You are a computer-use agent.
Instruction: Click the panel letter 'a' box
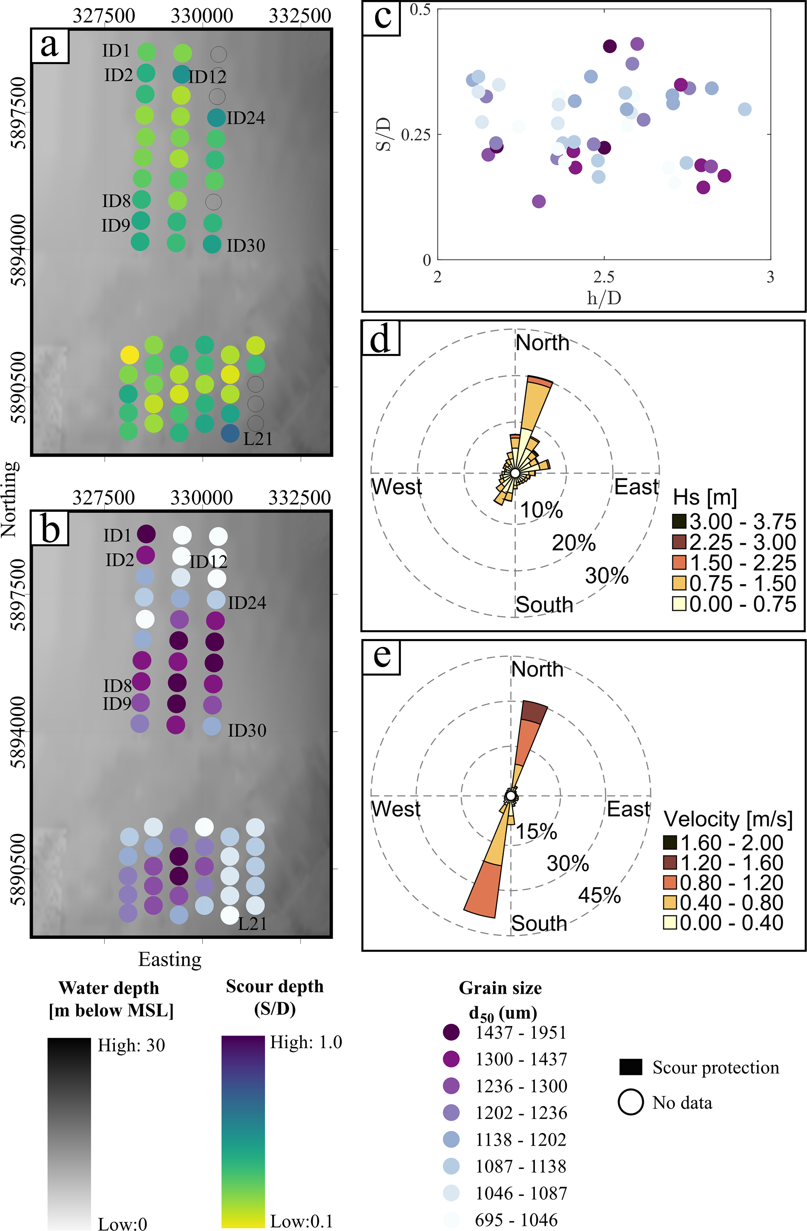50,46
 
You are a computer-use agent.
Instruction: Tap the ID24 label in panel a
246,118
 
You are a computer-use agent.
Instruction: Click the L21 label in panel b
252,924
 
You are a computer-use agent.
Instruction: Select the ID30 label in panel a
246,245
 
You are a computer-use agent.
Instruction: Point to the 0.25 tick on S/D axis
415,134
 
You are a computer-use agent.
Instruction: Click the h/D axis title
604,298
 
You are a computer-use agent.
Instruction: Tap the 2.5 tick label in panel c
604,277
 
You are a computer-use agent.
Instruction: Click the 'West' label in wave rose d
397,487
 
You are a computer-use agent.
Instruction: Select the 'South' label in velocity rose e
539,923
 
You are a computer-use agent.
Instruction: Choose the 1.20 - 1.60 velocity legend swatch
670,863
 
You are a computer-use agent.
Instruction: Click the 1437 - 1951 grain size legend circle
451,1033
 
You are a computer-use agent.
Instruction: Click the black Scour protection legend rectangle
631,1067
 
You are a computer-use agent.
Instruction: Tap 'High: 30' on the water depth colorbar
131,1045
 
